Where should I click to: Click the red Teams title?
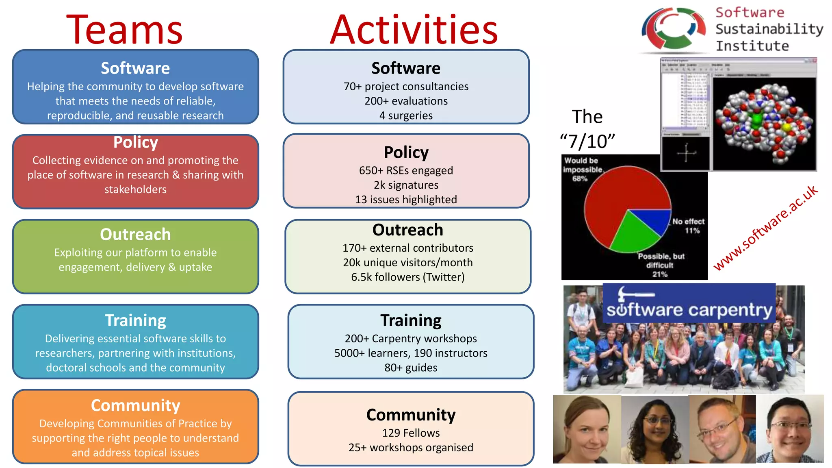(x=124, y=30)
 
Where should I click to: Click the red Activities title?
(x=414, y=30)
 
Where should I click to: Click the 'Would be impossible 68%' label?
(x=582, y=169)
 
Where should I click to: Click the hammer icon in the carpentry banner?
(x=634, y=293)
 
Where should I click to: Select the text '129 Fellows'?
(x=411, y=433)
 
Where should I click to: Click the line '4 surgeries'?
(x=406, y=115)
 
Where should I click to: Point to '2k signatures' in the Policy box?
(x=406, y=185)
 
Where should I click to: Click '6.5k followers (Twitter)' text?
(x=407, y=277)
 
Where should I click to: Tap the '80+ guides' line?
(x=411, y=368)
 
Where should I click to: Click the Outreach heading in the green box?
(x=135, y=234)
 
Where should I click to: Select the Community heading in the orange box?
(x=135, y=405)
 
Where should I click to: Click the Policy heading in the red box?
(x=135, y=142)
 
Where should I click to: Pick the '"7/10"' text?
(x=587, y=141)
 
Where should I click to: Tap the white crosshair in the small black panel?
(x=686, y=153)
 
